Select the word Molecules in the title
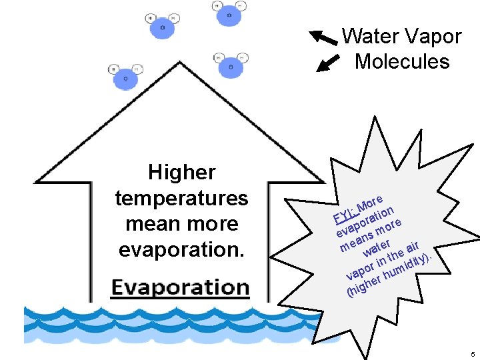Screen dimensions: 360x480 (402, 61)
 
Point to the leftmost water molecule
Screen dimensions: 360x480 (125, 77)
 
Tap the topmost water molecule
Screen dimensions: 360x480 (229, 13)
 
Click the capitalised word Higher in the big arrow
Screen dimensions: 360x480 (181, 173)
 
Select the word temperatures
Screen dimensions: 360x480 (181, 198)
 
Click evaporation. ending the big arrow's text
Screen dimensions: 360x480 (181, 249)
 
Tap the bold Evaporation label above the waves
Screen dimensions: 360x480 (180, 287)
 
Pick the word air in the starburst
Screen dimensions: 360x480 (417, 245)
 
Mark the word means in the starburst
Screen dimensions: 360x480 (355, 241)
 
